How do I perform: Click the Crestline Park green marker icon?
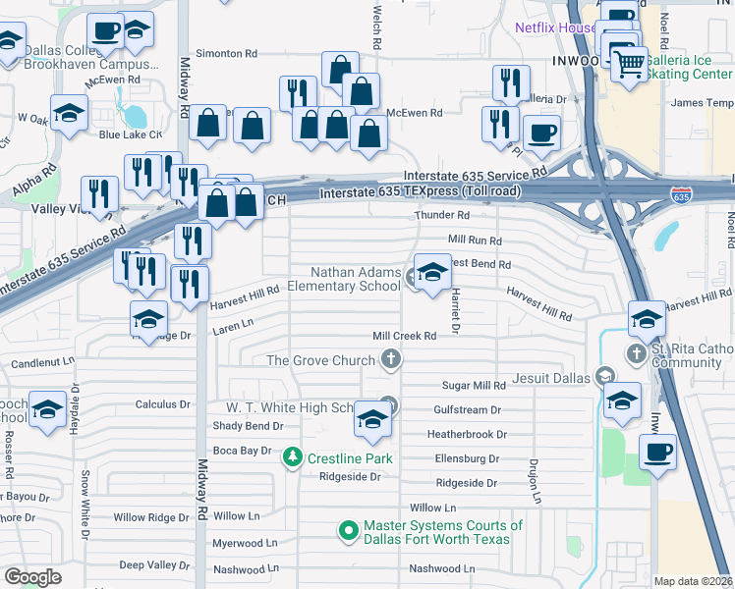click(293, 457)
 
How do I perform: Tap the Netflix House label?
click(557, 28)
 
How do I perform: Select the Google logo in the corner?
click(32, 577)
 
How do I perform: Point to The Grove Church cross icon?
click(391, 359)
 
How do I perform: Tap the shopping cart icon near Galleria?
click(630, 65)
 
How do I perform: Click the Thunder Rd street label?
click(443, 215)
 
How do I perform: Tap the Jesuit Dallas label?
click(552, 377)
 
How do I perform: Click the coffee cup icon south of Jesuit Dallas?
click(657, 453)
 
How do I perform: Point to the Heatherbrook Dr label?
click(466, 434)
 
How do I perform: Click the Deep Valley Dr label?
click(154, 564)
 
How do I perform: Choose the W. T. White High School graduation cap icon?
click(372, 419)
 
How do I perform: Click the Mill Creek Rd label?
click(404, 336)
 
